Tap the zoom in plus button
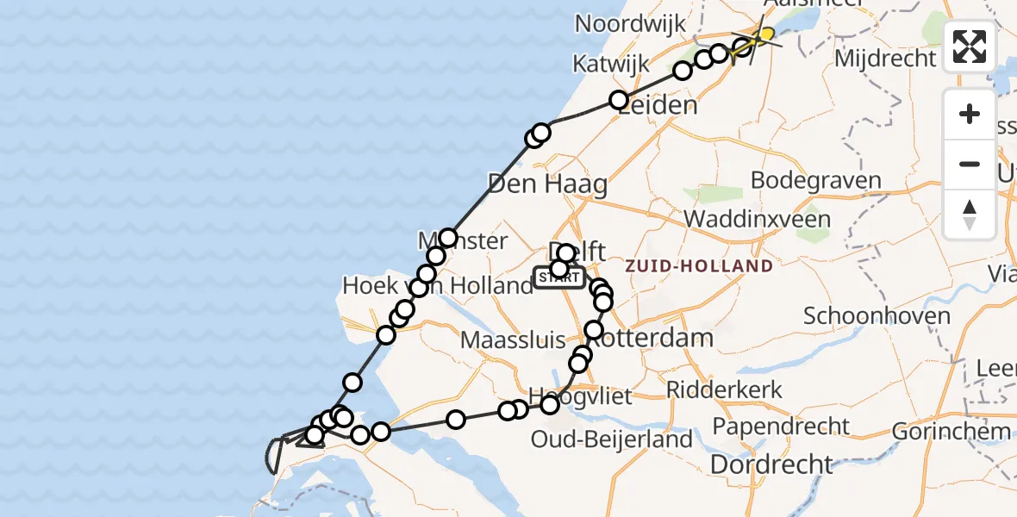pyautogui.click(x=970, y=114)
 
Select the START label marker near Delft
pyautogui.click(x=559, y=277)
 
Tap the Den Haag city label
pyautogui.click(x=547, y=184)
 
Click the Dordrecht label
pyautogui.click(x=771, y=464)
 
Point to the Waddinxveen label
pyautogui.click(x=758, y=219)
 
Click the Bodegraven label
pyautogui.click(x=816, y=181)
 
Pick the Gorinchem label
pyautogui.click(x=951, y=431)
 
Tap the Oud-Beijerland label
pyautogui.click(x=611, y=439)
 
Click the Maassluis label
pyautogui.click(x=512, y=339)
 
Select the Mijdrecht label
pyautogui.click(x=885, y=59)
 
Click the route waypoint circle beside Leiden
pyautogui.click(x=618, y=100)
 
